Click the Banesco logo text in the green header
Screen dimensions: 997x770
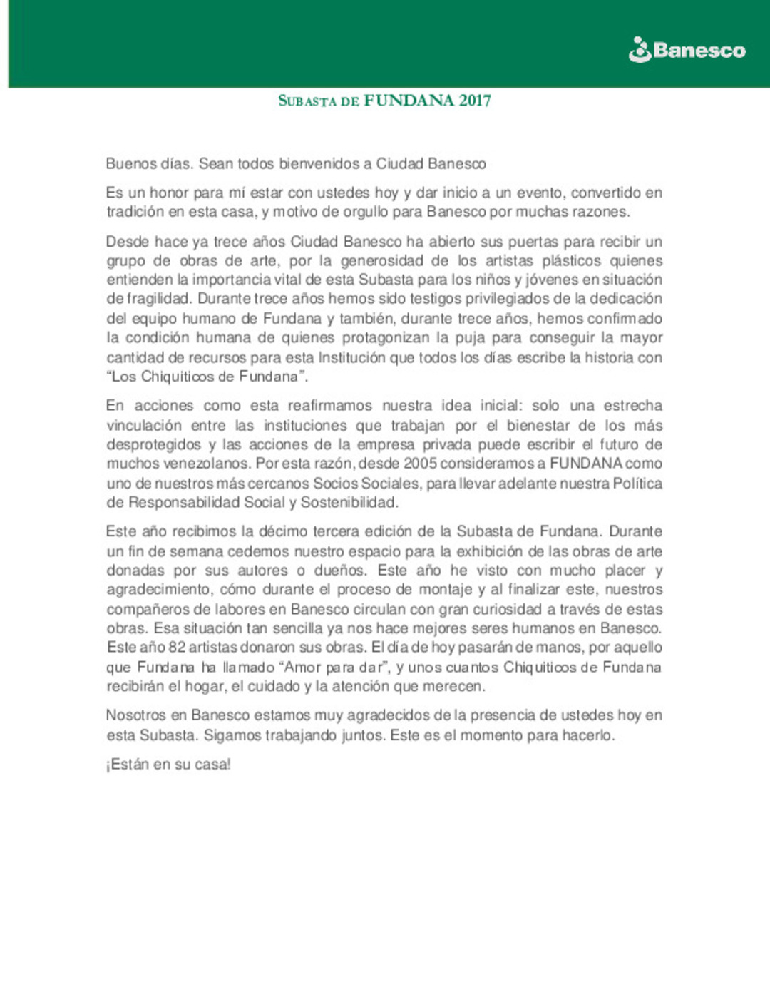click(x=699, y=51)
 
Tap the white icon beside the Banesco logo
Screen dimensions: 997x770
click(x=640, y=50)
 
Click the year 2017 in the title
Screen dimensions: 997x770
click(x=474, y=101)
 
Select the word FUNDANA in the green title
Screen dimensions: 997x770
click(x=409, y=101)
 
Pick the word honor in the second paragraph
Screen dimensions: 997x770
click(x=169, y=193)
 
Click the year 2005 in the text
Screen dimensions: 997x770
click(x=421, y=464)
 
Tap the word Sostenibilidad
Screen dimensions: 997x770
click(x=348, y=503)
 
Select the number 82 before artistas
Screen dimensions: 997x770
click(x=177, y=648)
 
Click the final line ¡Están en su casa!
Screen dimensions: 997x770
click(x=168, y=765)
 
